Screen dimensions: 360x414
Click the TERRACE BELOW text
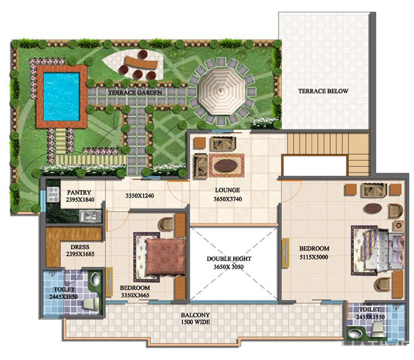323,91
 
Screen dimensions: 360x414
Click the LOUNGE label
227,190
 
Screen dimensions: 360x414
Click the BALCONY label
196,315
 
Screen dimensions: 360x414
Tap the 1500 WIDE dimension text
196,322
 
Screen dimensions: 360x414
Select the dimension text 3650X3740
227,198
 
